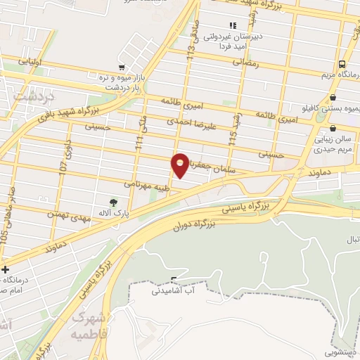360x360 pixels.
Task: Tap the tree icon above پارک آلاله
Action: pyautogui.click(x=113, y=202)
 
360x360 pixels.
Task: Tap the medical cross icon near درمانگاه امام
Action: pyautogui.click(x=6, y=269)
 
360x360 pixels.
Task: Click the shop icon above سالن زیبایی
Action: pyautogui.click(x=332, y=129)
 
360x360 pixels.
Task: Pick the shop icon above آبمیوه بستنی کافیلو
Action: pyautogui.click(x=332, y=98)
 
